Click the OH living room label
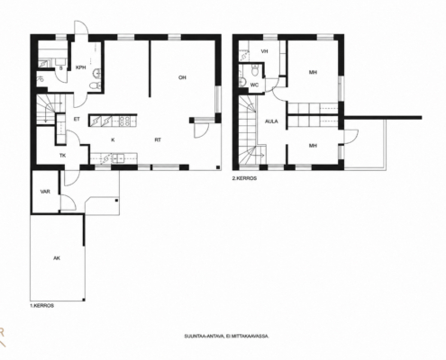(182, 77)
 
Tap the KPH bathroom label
(81, 67)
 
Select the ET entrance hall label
(77, 119)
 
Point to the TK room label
(63, 156)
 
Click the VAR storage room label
(45, 192)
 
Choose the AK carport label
(57, 258)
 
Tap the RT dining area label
(158, 139)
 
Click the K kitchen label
(113, 139)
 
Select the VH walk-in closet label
(264, 51)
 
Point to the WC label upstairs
(254, 85)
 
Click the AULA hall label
(271, 121)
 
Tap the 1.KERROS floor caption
(42, 306)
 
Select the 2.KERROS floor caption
(244, 178)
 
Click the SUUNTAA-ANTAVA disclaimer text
(227, 337)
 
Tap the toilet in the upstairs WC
(255, 71)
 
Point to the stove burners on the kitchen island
(125, 121)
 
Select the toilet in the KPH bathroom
(96, 85)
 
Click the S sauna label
(61, 68)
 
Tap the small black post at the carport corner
(84, 300)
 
